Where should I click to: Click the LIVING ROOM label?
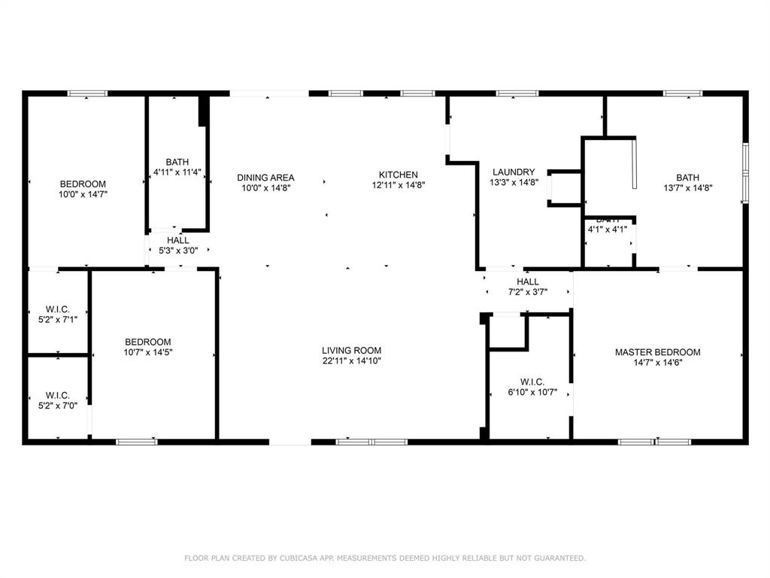[351, 350]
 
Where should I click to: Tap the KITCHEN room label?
[398, 175]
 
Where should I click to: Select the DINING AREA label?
[265, 178]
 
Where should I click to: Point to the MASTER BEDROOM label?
[657, 352]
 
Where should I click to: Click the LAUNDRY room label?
[514, 172]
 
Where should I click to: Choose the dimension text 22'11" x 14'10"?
[351, 361]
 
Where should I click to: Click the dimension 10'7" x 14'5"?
[147, 352]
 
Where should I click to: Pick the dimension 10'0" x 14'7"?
[83, 194]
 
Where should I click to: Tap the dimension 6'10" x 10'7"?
[532, 392]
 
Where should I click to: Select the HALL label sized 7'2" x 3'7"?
[528, 281]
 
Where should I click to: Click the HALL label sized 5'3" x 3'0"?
[178, 240]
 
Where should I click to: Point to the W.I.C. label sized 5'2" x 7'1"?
[57, 309]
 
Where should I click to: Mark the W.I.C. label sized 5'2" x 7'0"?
[57, 395]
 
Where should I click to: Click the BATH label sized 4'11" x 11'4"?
[177, 162]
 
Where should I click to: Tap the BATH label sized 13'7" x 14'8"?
[687, 178]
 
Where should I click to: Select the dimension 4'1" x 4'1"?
[607, 230]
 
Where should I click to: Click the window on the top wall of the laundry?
[517, 93]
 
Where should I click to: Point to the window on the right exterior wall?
[745, 172]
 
